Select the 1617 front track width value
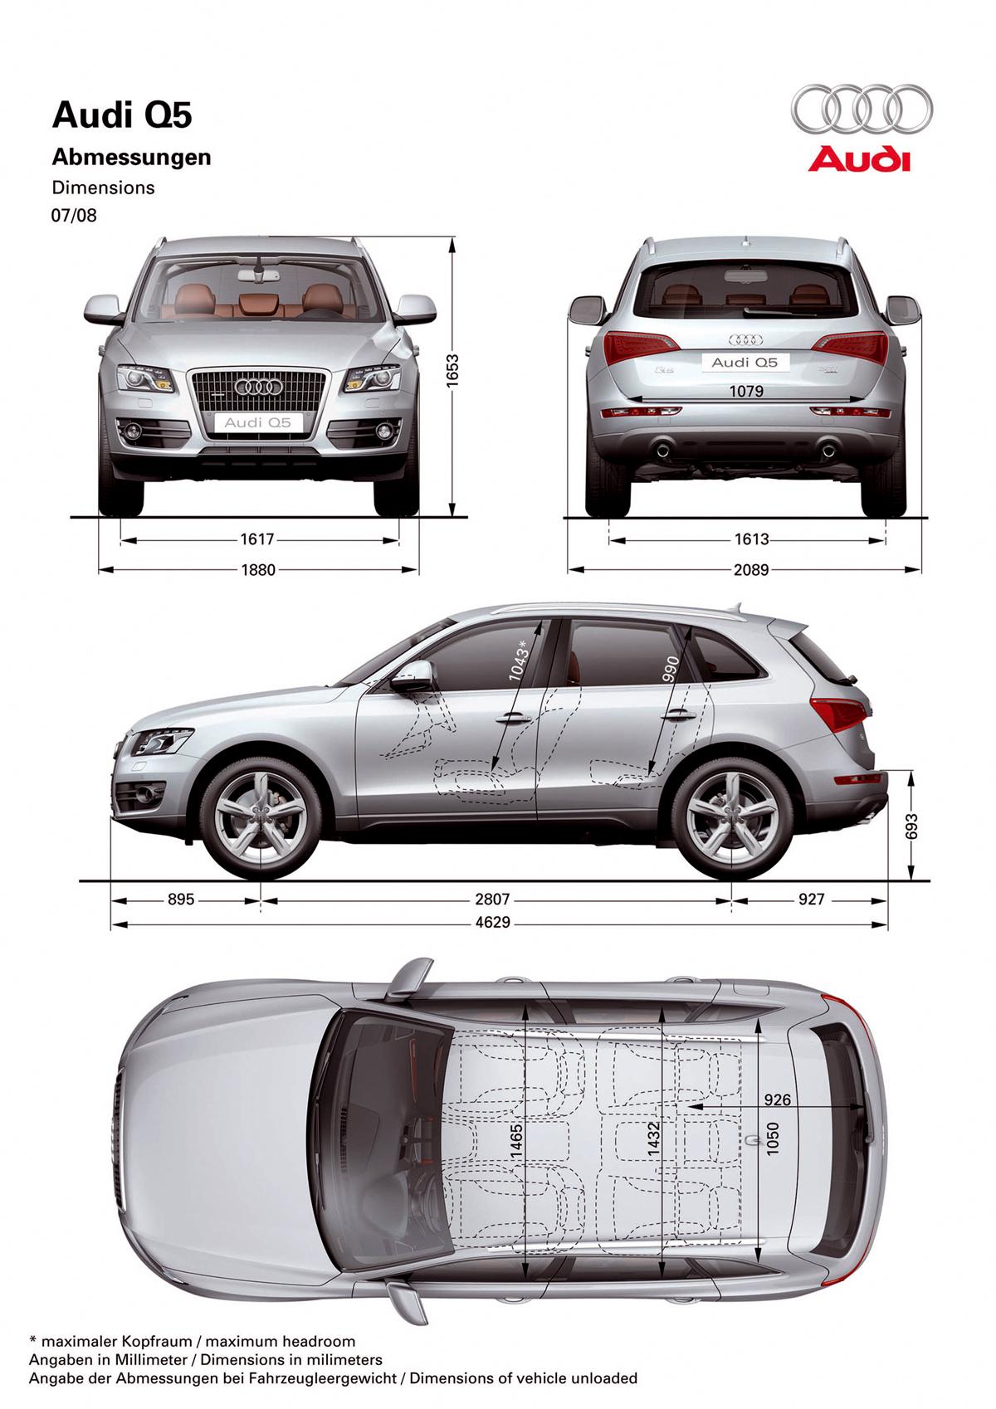click(x=257, y=539)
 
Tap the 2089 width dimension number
click(x=751, y=570)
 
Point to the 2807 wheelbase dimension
click(x=492, y=900)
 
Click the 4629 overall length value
click(x=493, y=923)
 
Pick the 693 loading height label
click(x=912, y=826)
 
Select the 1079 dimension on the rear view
click(x=746, y=391)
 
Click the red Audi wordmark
click(x=859, y=159)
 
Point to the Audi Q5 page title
click(x=122, y=115)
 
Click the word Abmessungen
click(x=131, y=157)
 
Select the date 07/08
click(x=74, y=215)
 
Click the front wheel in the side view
click(x=261, y=820)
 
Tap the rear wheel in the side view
click(x=732, y=820)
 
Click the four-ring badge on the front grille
click(x=259, y=386)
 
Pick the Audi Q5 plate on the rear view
click(x=745, y=363)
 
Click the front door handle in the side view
click(x=513, y=718)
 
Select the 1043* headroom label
click(x=519, y=661)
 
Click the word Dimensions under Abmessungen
click(x=103, y=188)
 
